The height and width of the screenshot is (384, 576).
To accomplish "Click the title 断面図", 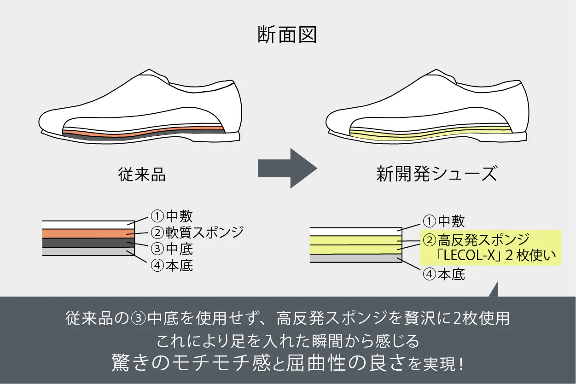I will (287, 35).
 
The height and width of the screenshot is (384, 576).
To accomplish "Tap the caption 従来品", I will (142, 175).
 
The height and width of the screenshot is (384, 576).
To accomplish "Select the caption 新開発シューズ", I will (436, 175).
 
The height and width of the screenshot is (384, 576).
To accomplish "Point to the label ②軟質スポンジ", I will (197, 232).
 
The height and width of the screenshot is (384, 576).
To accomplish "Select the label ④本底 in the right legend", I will (444, 275).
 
